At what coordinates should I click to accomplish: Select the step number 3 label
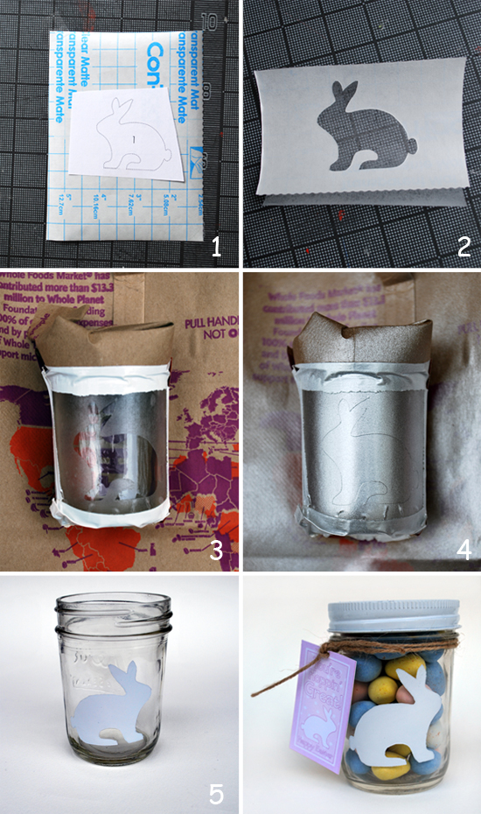pyautogui.click(x=217, y=550)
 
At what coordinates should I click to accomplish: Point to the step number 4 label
pyautogui.click(x=463, y=550)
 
